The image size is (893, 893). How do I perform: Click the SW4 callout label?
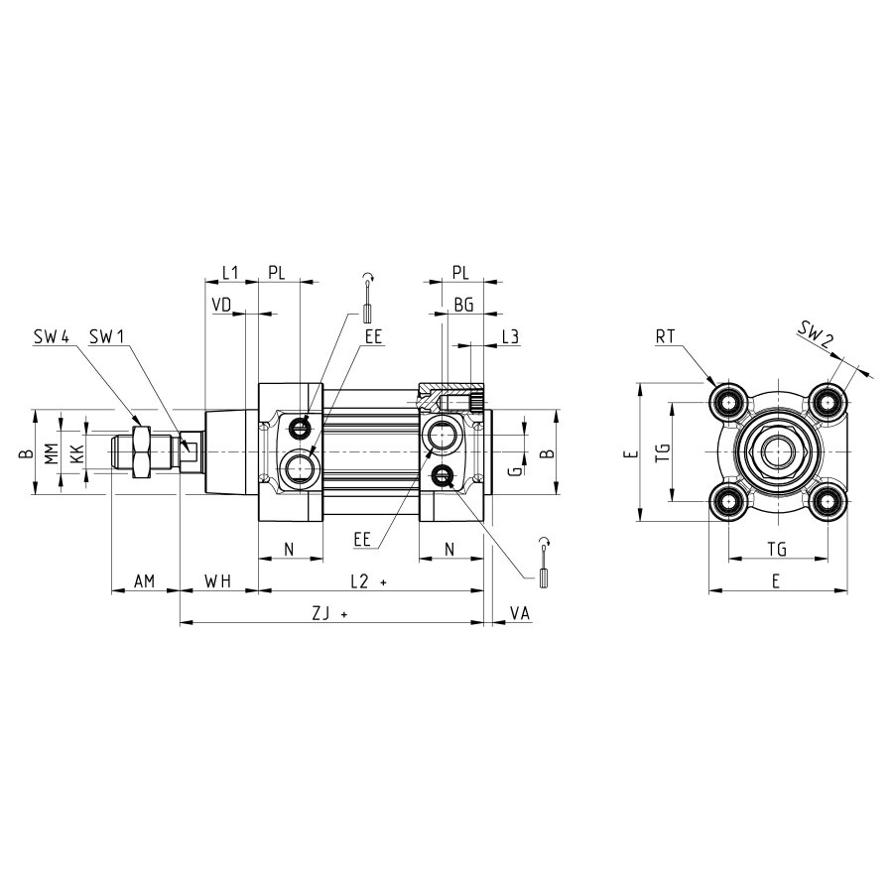coord(52,336)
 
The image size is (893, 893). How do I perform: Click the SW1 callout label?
coord(106,336)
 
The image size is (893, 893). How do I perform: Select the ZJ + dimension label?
coord(329,613)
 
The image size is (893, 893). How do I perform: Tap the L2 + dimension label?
coord(368,581)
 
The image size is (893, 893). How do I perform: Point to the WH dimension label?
coord(218,581)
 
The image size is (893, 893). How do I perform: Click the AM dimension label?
coord(144,581)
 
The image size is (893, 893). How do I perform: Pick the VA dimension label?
coord(519,613)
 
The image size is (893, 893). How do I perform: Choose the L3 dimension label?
coord(510,336)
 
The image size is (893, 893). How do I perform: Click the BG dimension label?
coord(463,305)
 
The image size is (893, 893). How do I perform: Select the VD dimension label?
coord(221,305)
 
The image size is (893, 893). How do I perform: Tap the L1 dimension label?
coord(229,273)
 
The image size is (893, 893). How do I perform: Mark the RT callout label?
coord(665,336)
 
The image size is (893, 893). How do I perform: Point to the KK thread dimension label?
coord(76,453)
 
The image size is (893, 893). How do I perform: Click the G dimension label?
coord(514,470)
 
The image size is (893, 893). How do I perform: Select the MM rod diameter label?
coord(52,453)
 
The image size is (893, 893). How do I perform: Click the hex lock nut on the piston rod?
coord(140,451)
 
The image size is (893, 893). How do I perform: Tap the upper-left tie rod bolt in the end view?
coord(728,403)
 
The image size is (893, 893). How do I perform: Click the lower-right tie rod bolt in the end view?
coord(827,502)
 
